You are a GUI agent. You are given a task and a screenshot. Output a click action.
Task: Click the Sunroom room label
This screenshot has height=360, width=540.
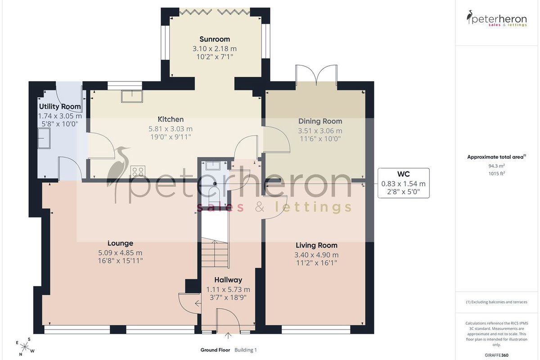215,39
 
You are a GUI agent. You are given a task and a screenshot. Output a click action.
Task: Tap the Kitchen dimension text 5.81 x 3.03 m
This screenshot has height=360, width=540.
171,129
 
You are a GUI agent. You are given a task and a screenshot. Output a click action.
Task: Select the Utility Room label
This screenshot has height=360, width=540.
60,106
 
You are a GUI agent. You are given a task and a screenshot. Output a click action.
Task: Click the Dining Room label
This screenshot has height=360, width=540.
320,121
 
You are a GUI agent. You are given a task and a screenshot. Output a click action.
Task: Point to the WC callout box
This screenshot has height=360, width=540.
403,183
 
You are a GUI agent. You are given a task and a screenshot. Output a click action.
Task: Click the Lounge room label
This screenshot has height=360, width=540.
120,243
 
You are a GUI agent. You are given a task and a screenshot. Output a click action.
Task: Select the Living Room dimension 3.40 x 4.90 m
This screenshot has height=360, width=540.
316,255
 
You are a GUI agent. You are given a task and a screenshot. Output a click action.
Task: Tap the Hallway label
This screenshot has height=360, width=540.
228,280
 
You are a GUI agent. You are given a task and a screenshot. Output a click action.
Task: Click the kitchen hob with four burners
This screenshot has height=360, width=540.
138,172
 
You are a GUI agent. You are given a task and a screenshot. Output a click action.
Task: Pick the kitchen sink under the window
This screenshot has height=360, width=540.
132,96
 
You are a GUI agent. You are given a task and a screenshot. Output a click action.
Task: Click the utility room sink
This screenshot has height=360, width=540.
44,138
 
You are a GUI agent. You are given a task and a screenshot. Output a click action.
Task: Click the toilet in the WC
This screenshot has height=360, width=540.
214,193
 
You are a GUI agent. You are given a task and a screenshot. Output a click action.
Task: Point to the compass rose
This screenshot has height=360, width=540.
25,347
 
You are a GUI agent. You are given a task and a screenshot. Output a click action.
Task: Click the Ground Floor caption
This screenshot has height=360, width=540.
215,350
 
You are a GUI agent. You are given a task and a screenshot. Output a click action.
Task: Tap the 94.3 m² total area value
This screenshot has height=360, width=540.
497,166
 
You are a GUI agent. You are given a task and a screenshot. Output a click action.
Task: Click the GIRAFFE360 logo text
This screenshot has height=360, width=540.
496,355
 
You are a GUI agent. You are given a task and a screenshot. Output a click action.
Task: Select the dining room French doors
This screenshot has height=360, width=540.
316,75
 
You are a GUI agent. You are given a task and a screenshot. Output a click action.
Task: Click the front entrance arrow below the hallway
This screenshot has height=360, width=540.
228,336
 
